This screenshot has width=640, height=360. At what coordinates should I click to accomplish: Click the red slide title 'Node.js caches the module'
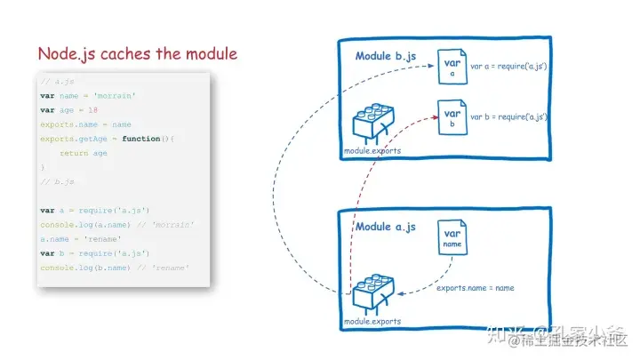137,54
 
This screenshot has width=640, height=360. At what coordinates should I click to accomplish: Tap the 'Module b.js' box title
385,56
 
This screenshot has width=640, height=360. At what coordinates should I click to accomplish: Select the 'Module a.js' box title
385,227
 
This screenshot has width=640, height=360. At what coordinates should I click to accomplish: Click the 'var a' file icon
452,69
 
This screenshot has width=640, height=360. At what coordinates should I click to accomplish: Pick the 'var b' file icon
452,119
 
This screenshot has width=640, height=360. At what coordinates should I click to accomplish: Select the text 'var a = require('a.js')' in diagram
508,67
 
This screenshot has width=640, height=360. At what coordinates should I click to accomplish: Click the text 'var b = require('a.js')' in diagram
508,116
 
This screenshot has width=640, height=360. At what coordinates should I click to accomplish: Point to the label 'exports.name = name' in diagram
476,288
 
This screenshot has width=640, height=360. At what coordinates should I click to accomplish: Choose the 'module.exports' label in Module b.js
372,151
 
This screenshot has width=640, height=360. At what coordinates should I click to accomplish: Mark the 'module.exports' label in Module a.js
372,321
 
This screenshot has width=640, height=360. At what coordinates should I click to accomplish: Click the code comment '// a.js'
52,82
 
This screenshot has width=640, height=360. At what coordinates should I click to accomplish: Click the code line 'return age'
84,153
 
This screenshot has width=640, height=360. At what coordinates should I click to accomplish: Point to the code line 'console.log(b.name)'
82,268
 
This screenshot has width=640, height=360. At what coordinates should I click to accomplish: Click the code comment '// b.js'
52,181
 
